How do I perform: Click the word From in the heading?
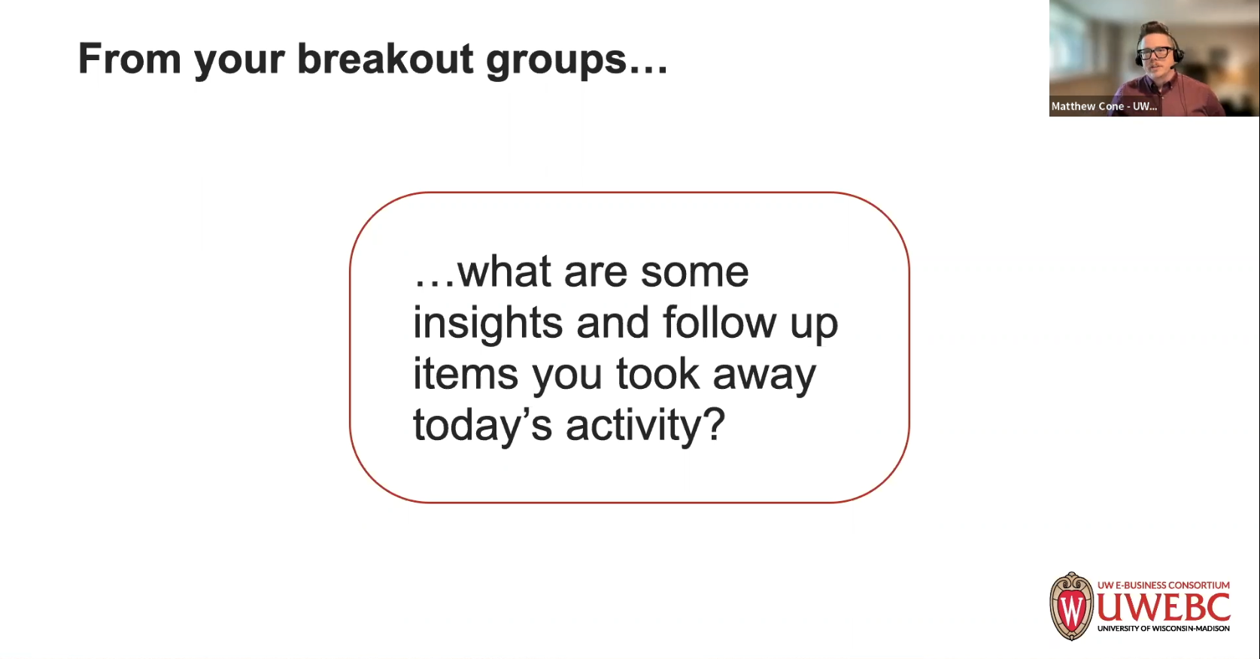click(x=129, y=58)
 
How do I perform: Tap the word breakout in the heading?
click(x=385, y=58)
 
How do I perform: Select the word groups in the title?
click(x=556, y=61)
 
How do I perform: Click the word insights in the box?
click(x=487, y=323)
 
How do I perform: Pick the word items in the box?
click(x=465, y=374)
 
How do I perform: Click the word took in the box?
click(x=657, y=373)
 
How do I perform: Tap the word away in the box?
click(x=764, y=377)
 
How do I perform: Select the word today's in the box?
click(x=483, y=426)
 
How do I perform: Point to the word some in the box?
click(x=694, y=273)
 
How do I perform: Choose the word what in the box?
click(x=504, y=271)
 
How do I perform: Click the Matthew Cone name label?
click(x=1104, y=106)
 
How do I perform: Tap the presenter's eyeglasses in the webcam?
click(x=1154, y=53)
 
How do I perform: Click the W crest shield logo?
click(x=1071, y=606)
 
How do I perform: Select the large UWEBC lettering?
click(x=1163, y=607)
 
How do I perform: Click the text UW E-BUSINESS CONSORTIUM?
click(x=1163, y=585)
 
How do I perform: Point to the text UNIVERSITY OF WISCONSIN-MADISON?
click(x=1163, y=629)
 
